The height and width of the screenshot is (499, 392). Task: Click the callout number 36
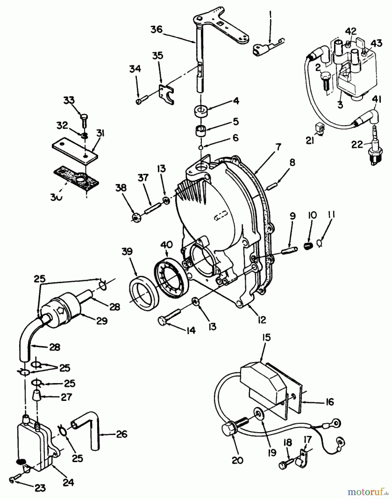[157, 29]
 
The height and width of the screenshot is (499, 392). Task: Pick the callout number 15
[265, 338]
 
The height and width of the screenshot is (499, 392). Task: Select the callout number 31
[100, 134]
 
